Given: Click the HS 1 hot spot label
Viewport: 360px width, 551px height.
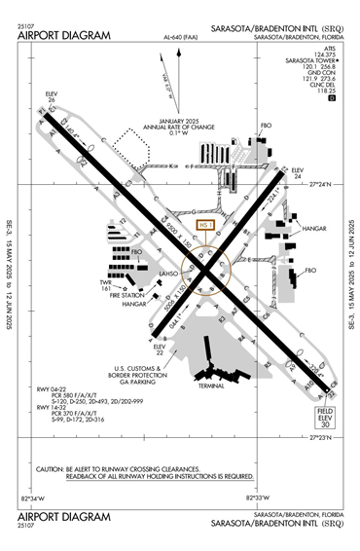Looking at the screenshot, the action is click(x=203, y=225).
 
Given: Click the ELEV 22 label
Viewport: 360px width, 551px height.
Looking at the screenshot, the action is click(x=162, y=349).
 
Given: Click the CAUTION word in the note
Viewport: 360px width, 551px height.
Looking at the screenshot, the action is click(x=51, y=467).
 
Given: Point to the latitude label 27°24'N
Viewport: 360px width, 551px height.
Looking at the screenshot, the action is click(x=333, y=182).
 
